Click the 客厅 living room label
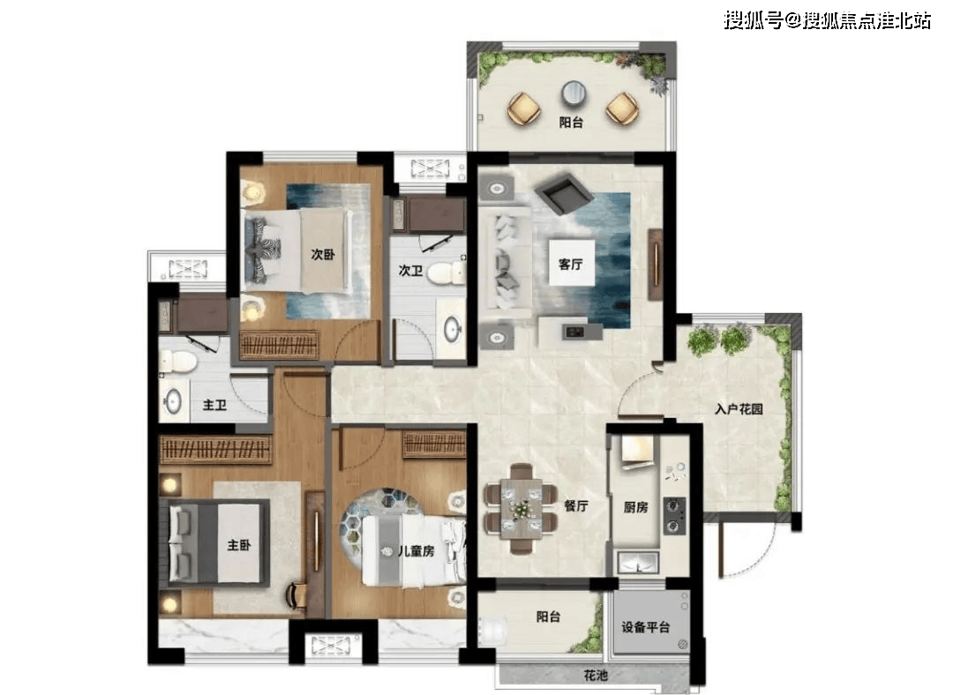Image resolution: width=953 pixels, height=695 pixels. pyautogui.click(x=571, y=265)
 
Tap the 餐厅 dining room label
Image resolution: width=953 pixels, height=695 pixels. pyautogui.click(x=576, y=505)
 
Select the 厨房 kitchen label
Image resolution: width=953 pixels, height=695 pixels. pyautogui.click(x=635, y=506)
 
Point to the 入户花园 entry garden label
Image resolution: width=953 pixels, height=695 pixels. pyautogui.click(x=739, y=409)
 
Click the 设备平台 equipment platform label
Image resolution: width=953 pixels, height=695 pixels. pyautogui.click(x=645, y=626)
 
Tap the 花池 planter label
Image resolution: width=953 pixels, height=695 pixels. pyautogui.click(x=596, y=675)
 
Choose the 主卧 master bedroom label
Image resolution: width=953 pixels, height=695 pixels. pyautogui.click(x=239, y=545)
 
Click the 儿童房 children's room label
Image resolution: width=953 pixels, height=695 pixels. pyautogui.click(x=416, y=551)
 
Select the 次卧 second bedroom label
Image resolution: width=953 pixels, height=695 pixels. pyautogui.click(x=323, y=255)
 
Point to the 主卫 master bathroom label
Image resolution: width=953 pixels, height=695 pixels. pyautogui.click(x=214, y=405)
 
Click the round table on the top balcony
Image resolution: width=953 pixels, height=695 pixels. pyautogui.click(x=573, y=93)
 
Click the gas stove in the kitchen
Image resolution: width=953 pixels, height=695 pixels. pyautogui.click(x=675, y=516)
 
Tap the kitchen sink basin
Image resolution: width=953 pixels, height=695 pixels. pyautogui.click(x=638, y=563)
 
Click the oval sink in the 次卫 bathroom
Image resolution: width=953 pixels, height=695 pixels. pyautogui.click(x=452, y=330)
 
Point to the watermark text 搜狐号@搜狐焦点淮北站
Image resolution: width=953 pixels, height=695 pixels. pyautogui.click(x=827, y=20)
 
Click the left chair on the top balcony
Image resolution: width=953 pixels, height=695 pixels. pyautogui.click(x=524, y=108)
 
